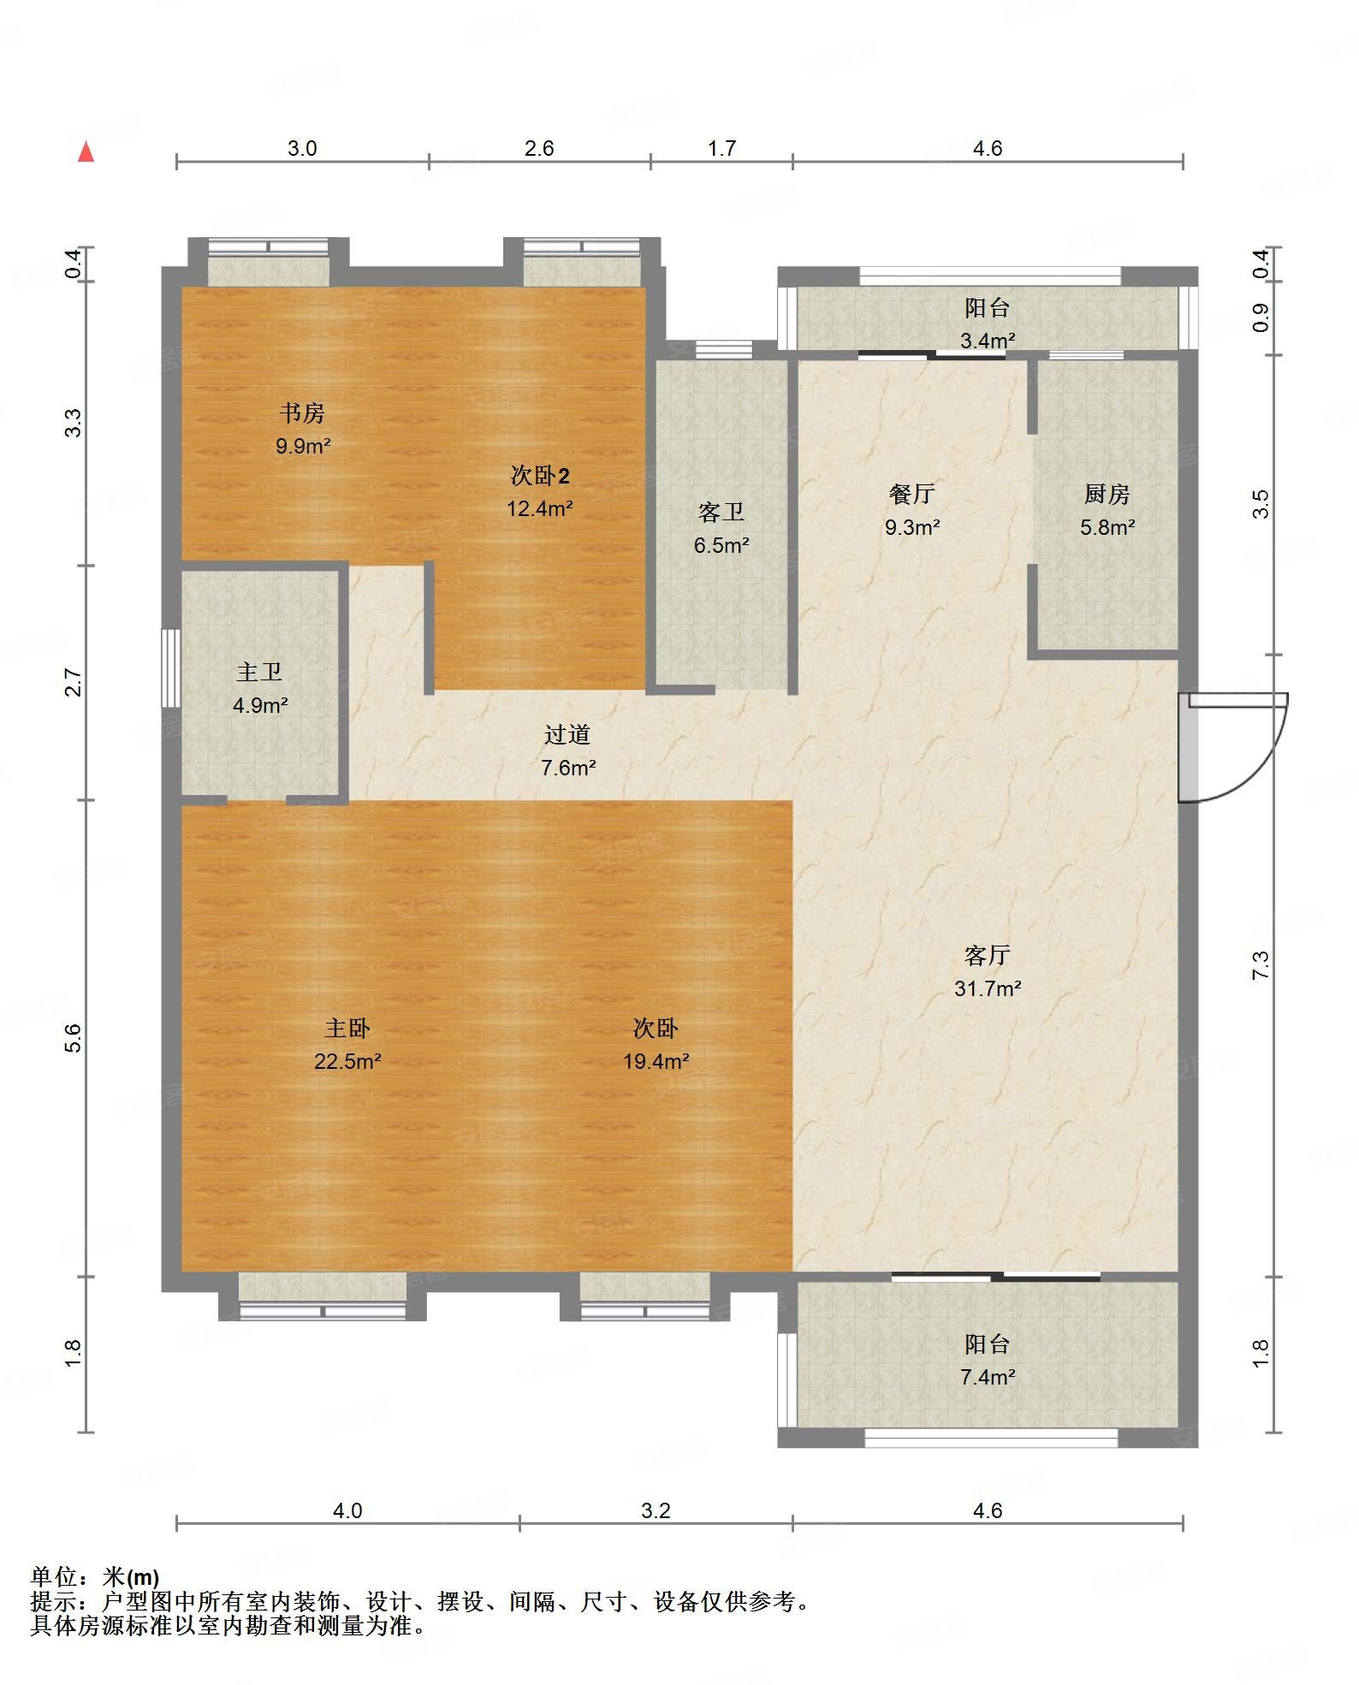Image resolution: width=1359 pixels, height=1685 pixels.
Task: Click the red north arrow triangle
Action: point(86,152)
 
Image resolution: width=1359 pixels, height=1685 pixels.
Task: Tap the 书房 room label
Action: point(302,413)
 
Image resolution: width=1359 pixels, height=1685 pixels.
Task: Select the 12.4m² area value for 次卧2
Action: point(539,508)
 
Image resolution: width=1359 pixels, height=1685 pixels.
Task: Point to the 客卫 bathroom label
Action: point(721,512)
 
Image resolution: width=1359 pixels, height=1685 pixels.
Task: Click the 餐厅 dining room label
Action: point(912,494)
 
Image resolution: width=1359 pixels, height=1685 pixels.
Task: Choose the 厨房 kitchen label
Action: point(1107,494)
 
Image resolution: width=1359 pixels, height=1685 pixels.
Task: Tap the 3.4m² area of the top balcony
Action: point(988,341)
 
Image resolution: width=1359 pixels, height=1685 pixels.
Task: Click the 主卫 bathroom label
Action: point(259,673)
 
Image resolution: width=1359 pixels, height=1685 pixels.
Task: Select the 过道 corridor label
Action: point(567,734)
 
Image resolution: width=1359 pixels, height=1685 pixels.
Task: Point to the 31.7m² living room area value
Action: point(988,988)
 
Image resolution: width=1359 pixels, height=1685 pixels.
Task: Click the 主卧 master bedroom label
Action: point(347,1028)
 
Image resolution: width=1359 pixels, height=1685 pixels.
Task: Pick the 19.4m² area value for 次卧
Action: point(656,1061)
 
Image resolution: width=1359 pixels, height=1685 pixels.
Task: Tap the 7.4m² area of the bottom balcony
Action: point(988,1377)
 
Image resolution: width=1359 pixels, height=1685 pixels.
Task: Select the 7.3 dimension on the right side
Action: point(1261,965)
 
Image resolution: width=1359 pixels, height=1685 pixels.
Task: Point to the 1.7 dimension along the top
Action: point(721,149)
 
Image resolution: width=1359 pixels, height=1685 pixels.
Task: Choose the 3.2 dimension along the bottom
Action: point(656,1510)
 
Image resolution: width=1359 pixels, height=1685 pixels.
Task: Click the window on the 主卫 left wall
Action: point(171,668)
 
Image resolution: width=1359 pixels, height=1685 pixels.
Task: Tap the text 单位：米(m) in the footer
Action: point(95,1576)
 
